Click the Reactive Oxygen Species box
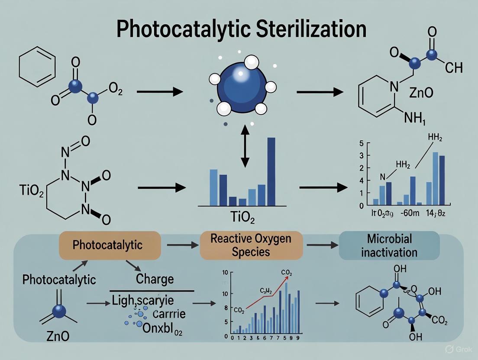[x=251, y=245]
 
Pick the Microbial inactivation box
[x=389, y=245]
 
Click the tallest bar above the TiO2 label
[x=271, y=171]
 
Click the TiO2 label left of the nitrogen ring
[x=32, y=190]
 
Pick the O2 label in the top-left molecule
[x=115, y=89]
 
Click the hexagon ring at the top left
[x=38, y=69]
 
